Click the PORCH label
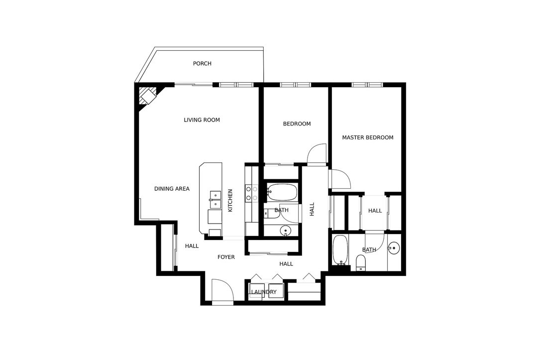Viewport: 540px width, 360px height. coord(202,63)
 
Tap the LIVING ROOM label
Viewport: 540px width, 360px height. coord(202,120)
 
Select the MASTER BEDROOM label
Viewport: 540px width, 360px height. coord(367,137)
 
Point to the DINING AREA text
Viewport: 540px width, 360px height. coord(172,189)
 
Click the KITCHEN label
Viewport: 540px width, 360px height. coord(230,201)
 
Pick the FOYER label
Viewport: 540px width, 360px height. coord(226,257)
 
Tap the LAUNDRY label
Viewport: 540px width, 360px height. coord(264,292)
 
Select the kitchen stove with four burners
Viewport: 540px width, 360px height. coord(251,193)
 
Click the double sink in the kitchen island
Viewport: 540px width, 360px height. coord(215,200)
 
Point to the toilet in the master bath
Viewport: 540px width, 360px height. coord(361,263)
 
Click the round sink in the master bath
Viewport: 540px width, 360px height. coord(394,247)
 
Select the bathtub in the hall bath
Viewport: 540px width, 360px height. coord(282,192)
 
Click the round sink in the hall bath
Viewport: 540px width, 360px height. coord(285,230)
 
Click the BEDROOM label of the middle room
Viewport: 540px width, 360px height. coord(297,123)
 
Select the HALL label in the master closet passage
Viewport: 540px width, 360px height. coord(375,211)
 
